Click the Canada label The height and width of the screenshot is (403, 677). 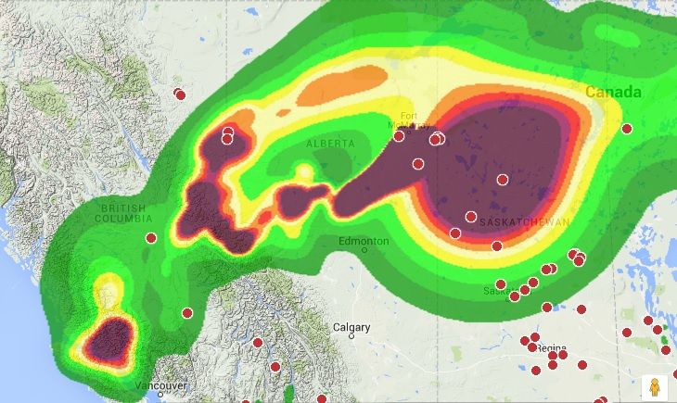(x=613, y=93)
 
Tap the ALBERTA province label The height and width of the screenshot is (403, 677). (x=330, y=145)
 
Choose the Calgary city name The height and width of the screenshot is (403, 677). (x=351, y=327)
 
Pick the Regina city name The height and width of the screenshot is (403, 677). (x=545, y=342)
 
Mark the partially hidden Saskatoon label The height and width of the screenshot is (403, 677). (x=493, y=291)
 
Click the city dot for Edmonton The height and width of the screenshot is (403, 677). (x=365, y=250)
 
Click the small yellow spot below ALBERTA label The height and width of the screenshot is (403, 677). (x=304, y=172)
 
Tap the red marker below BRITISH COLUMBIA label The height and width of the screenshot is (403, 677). (x=151, y=238)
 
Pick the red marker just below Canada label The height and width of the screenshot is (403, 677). (x=627, y=129)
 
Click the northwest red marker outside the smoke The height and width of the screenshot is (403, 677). (x=180, y=94)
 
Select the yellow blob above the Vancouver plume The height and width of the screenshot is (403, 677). (x=109, y=290)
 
